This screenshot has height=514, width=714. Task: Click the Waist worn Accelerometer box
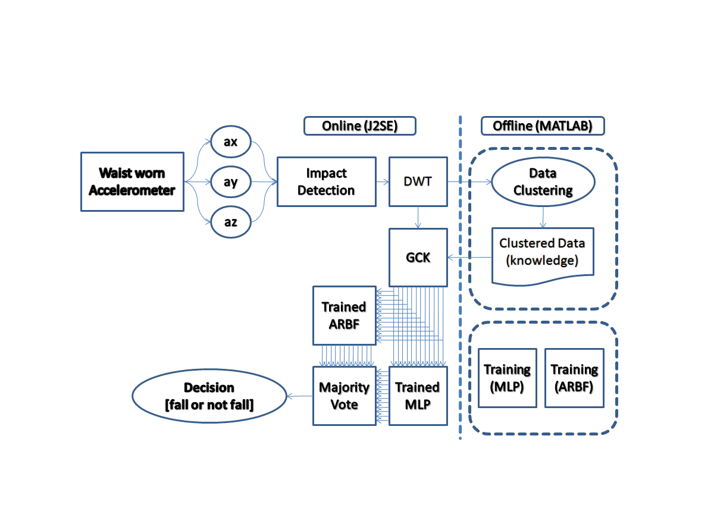click(132, 181)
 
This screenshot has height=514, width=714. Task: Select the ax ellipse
click(231, 142)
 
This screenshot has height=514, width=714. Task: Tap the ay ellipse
click(231, 181)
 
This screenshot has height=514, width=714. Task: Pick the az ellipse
click(231, 222)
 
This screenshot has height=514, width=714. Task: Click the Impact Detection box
click(327, 181)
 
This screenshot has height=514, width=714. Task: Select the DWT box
click(418, 181)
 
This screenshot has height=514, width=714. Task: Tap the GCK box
click(418, 257)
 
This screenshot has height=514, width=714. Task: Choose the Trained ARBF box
click(345, 315)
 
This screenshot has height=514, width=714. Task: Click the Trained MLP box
click(418, 396)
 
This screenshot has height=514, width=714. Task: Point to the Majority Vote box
click(345, 396)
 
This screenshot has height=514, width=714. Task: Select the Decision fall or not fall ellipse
click(209, 396)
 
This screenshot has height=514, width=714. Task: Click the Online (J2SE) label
click(360, 126)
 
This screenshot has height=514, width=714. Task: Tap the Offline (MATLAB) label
click(543, 126)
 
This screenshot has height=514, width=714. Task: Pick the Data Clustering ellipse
click(543, 181)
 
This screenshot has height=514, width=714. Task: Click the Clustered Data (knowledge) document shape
click(543, 255)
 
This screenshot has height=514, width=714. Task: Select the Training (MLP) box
click(508, 378)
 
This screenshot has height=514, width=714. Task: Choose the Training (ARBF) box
click(574, 378)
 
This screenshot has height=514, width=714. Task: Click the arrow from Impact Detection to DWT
click(383, 182)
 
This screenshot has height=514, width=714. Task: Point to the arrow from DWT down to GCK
click(418, 217)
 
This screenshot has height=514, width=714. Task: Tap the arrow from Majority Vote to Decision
click(300, 396)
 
